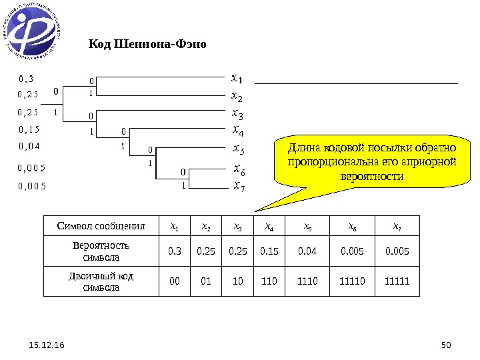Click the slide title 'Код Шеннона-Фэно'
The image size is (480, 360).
(148, 45)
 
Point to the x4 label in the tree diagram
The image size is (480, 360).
(237, 129)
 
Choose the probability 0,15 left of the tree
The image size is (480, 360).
(29, 128)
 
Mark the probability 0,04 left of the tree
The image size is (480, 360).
(29, 145)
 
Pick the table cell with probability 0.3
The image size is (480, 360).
(175, 251)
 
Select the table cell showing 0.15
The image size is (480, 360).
(270, 251)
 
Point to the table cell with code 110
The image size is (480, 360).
(270, 281)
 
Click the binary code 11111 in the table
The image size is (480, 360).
(397, 281)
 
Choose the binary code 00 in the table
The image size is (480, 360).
(175, 281)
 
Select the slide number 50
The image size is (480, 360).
(447, 345)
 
